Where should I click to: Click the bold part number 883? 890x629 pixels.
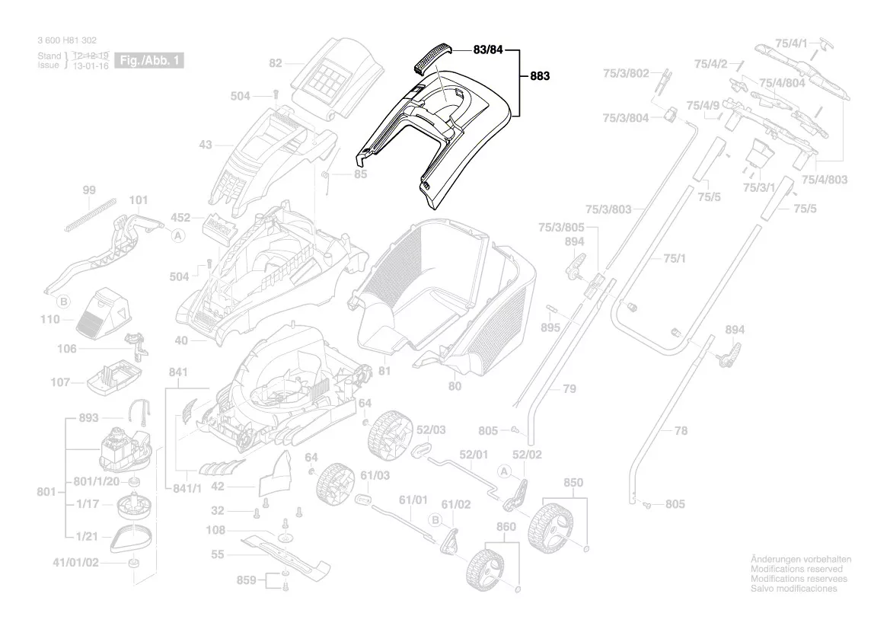pyautogui.click(x=539, y=76)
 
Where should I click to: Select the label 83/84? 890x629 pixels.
pyautogui.click(x=489, y=50)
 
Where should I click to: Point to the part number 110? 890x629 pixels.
pyautogui.click(x=50, y=320)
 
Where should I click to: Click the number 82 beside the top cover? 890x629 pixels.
pyautogui.click(x=275, y=63)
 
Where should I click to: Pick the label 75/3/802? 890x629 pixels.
pyautogui.click(x=626, y=73)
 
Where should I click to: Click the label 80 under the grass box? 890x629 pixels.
pyautogui.click(x=455, y=386)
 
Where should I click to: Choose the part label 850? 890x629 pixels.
pyautogui.click(x=573, y=483)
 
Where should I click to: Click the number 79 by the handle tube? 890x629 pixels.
pyautogui.click(x=569, y=389)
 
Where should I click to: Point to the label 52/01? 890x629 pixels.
pyautogui.click(x=474, y=455)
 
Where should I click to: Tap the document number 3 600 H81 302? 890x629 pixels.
pyautogui.click(x=67, y=40)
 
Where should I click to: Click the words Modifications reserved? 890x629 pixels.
pyautogui.click(x=796, y=569)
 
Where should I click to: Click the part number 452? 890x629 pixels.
pyautogui.click(x=180, y=217)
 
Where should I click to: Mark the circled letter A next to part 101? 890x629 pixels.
pyautogui.click(x=178, y=236)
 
